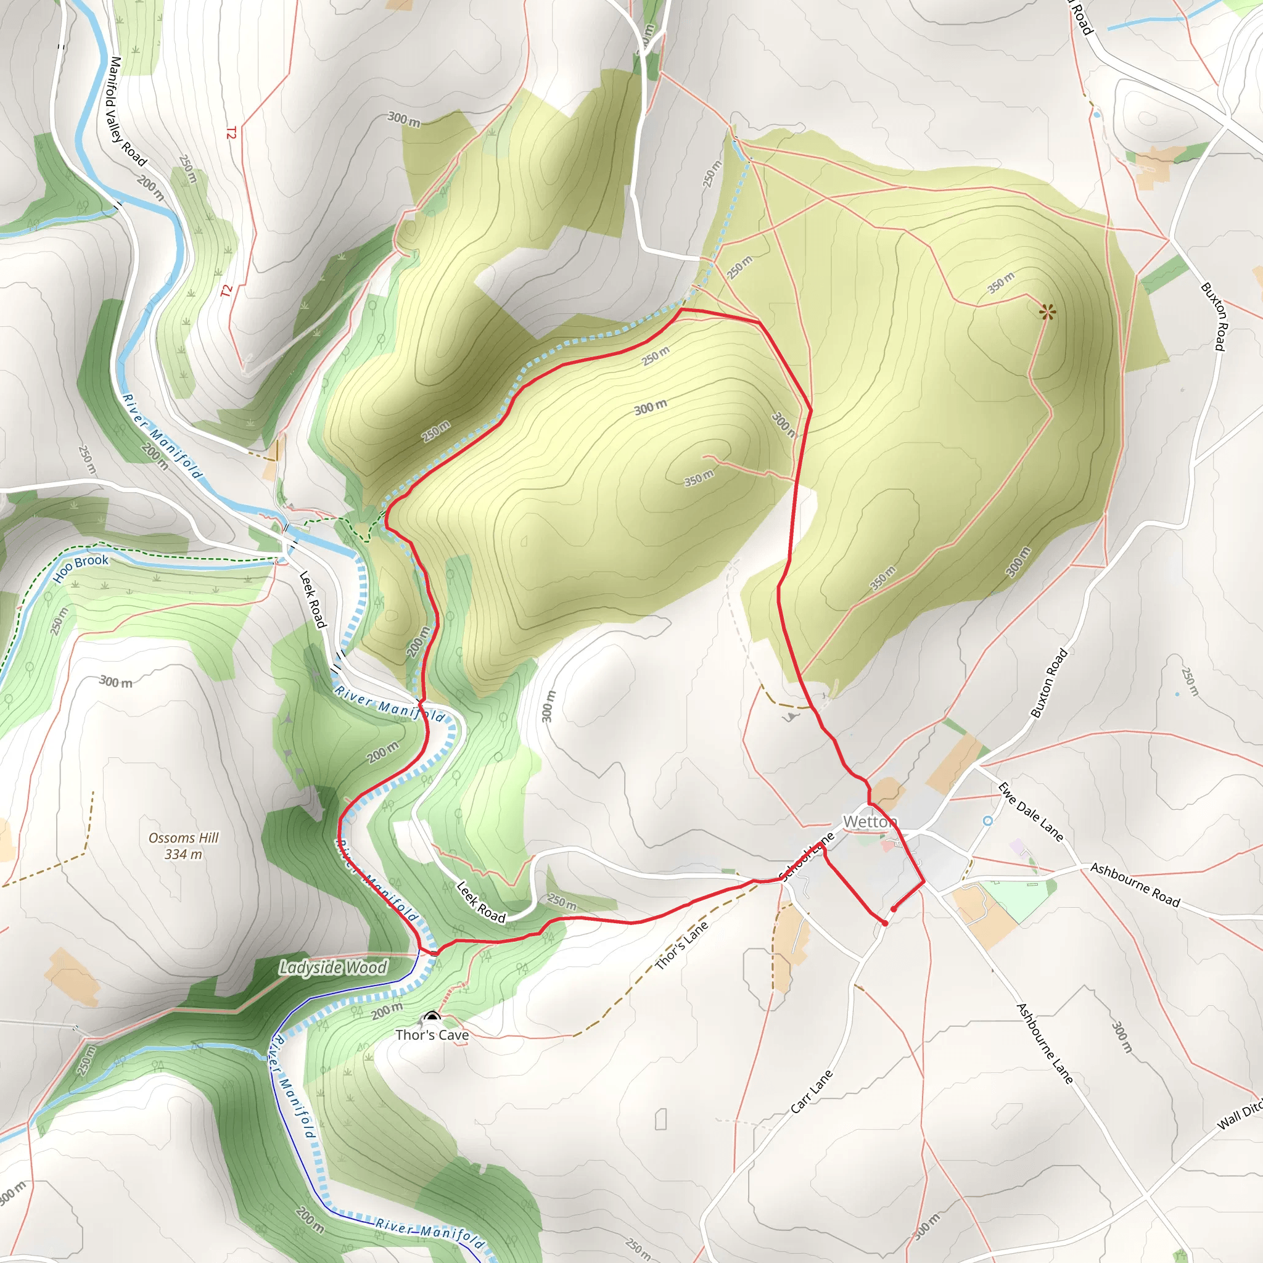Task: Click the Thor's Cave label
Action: [432, 1035]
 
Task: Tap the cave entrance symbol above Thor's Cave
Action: [432, 1016]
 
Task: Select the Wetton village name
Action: [870, 821]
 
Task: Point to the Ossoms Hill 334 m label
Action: [184, 846]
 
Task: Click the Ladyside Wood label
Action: [333, 968]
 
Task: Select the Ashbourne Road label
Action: [1135, 885]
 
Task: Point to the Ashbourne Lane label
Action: [1045, 1043]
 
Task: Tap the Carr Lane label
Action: [812, 1092]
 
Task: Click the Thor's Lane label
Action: [682, 945]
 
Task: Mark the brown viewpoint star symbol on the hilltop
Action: [1047, 312]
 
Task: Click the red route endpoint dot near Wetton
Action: [894, 908]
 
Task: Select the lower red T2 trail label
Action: [227, 291]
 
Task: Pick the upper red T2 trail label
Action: [231, 133]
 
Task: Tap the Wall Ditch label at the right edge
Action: [1240, 1115]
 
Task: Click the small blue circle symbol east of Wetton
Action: [988, 820]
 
